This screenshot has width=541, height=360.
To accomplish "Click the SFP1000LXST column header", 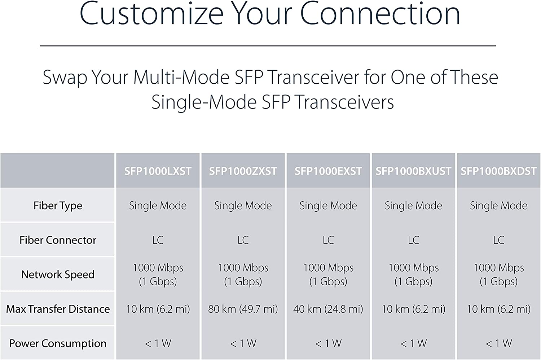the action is click(x=158, y=171).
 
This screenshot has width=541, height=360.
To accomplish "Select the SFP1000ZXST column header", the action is click(x=243, y=171).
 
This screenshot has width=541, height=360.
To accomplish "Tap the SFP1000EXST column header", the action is click(x=328, y=171).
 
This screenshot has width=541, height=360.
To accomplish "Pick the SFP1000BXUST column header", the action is click(x=413, y=171).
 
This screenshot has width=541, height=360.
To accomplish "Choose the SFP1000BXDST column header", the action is click(x=498, y=171).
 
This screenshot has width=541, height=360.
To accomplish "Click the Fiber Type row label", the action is click(x=58, y=206).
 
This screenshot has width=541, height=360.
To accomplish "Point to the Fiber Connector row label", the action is click(x=58, y=240).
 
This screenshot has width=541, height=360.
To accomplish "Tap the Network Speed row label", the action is click(x=58, y=275).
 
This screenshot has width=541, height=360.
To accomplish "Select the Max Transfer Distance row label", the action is click(x=58, y=309).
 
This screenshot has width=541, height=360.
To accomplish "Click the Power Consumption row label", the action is click(x=58, y=343).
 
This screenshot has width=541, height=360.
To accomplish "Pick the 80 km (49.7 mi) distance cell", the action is click(x=243, y=309).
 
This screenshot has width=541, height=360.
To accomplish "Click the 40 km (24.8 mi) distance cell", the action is click(x=328, y=309).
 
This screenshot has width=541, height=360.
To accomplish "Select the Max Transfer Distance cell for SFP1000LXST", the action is click(x=158, y=309).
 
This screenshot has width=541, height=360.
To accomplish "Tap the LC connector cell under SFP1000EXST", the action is click(x=328, y=240).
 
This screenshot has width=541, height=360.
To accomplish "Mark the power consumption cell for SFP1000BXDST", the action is click(x=499, y=343).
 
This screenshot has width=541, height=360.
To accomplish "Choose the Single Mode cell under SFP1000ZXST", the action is click(x=243, y=206).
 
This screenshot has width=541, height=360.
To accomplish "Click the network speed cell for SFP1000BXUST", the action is click(x=413, y=275).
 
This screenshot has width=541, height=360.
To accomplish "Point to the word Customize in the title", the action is click(x=151, y=13).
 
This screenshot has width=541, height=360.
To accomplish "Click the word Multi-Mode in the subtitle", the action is click(x=181, y=77).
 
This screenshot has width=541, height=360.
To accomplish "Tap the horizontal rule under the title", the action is click(x=268, y=45).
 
